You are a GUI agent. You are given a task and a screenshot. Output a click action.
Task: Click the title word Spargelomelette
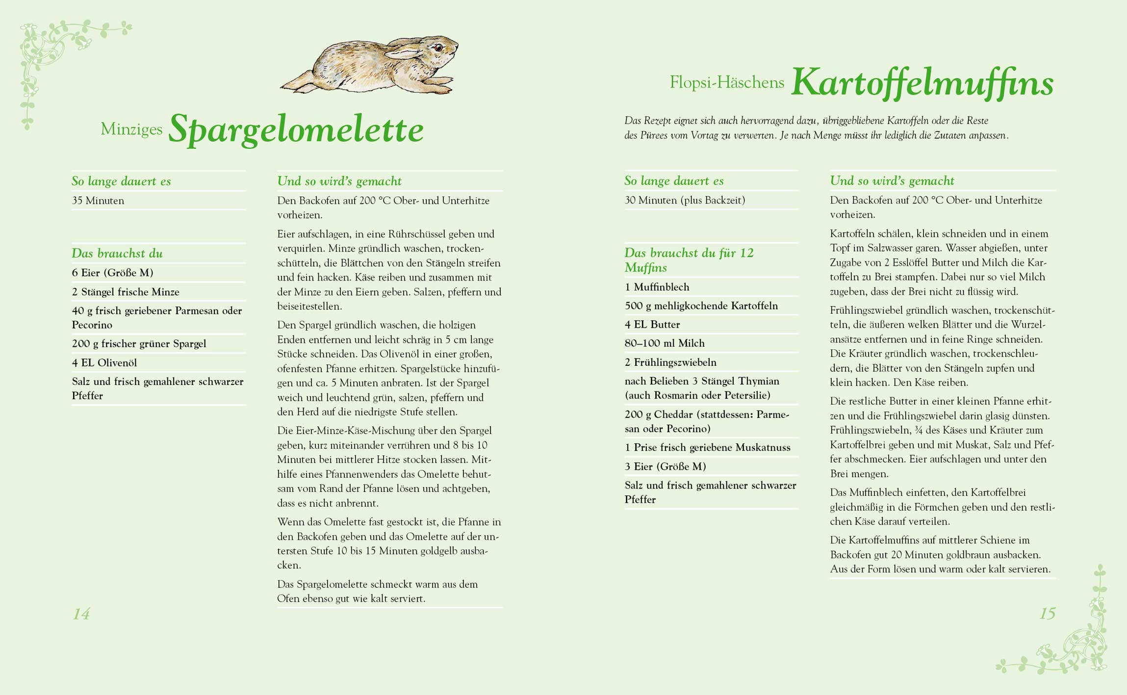[x=296, y=129]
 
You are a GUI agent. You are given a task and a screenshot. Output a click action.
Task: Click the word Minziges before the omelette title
[x=131, y=129]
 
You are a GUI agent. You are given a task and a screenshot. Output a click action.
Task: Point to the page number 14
[x=81, y=614]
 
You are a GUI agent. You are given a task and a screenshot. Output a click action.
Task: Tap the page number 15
[x=1047, y=613]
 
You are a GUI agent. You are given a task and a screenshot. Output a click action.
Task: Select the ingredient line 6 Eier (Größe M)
[x=113, y=273]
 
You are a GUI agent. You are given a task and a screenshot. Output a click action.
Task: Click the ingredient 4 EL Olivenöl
[x=104, y=363]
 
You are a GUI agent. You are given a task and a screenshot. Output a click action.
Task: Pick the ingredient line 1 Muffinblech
[x=657, y=287]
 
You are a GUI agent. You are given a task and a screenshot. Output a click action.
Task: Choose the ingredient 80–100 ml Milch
[x=665, y=343]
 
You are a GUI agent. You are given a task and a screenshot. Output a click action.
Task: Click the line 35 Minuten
[x=98, y=201]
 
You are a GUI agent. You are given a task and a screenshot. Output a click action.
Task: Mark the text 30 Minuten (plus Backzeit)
[x=685, y=200]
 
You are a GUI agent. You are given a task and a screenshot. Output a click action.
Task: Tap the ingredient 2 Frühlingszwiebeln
[x=670, y=362]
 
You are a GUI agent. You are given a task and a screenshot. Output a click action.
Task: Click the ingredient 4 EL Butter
[x=652, y=324]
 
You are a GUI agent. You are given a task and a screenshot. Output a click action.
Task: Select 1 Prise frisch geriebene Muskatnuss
[x=707, y=447]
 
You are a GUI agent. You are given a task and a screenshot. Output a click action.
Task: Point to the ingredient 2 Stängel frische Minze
[x=126, y=292]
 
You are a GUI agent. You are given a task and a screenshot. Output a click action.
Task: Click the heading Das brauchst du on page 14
[x=117, y=254]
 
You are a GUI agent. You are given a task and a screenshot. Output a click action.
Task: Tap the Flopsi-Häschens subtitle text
[x=727, y=82]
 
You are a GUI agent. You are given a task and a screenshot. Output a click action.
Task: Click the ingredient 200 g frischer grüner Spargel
[x=139, y=344]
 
